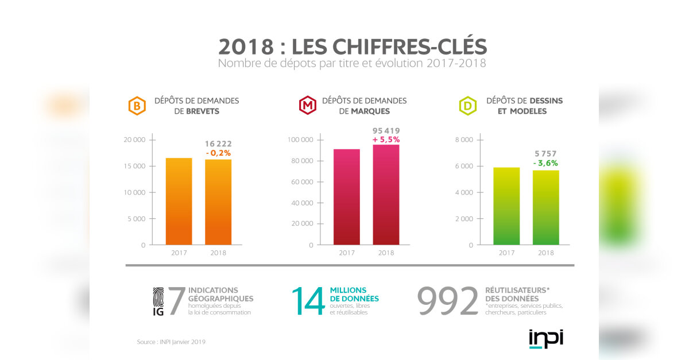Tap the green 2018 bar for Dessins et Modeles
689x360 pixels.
[x=546, y=207]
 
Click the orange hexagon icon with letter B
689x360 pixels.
[x=136, y=106]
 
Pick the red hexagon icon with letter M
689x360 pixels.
[x=308, y=106]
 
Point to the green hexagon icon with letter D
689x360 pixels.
[x=468, y=106]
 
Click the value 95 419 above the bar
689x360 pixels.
[x=386, y=130]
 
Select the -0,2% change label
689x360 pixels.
[x=218, y=153]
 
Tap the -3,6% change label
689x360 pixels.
[x=545, y=163]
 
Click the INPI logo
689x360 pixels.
[x=545, y=339]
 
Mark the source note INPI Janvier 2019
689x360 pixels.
[x=171, y=342]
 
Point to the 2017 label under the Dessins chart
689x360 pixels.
[x=506, y=253]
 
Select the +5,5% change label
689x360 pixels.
[x=386, y=140]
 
